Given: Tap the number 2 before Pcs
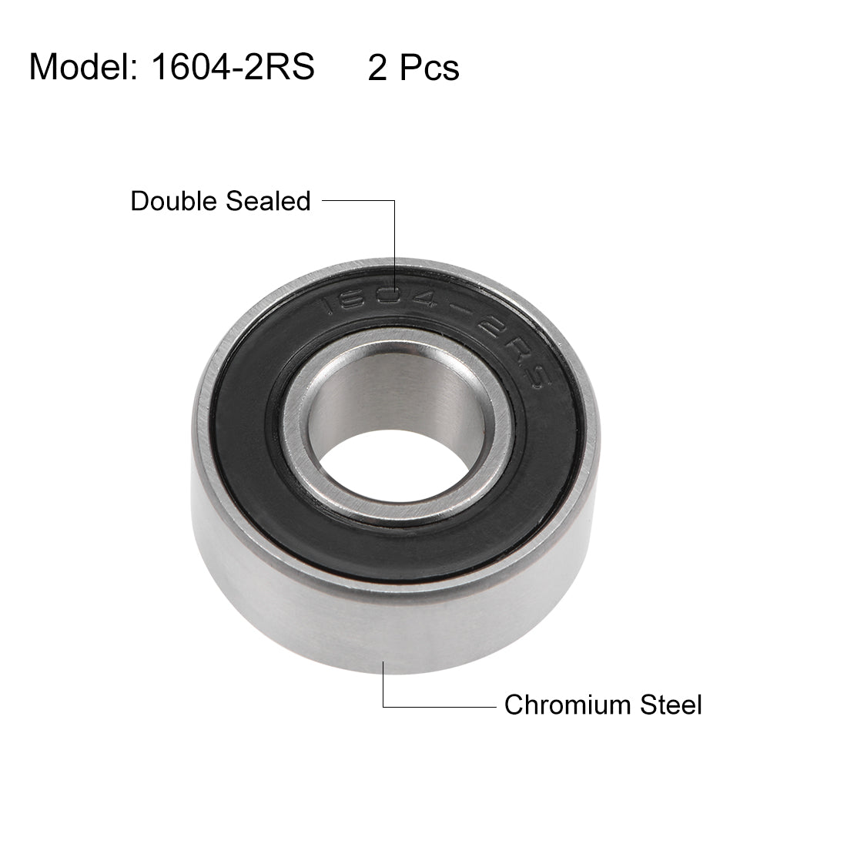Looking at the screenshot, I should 377,69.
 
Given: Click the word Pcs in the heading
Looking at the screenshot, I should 429,69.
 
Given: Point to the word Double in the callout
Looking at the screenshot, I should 174,201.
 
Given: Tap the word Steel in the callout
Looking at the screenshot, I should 671,704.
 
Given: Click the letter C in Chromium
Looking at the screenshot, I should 513,704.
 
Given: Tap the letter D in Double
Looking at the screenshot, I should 139,201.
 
